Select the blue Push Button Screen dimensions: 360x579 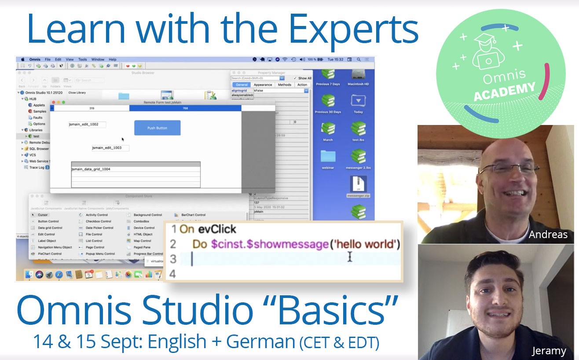point(157,128)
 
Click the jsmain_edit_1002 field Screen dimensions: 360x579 point(87,125)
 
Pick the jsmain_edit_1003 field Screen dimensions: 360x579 point(110,148)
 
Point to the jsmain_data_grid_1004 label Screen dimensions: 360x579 point(91,169)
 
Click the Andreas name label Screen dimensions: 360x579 point(548,235)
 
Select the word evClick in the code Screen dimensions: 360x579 point(217,229)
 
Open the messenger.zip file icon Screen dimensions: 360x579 point(358,184)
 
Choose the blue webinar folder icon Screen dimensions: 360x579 point(328,157)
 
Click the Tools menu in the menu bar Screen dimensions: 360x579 point(82,59)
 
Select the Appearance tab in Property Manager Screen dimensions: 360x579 point(263,84)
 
